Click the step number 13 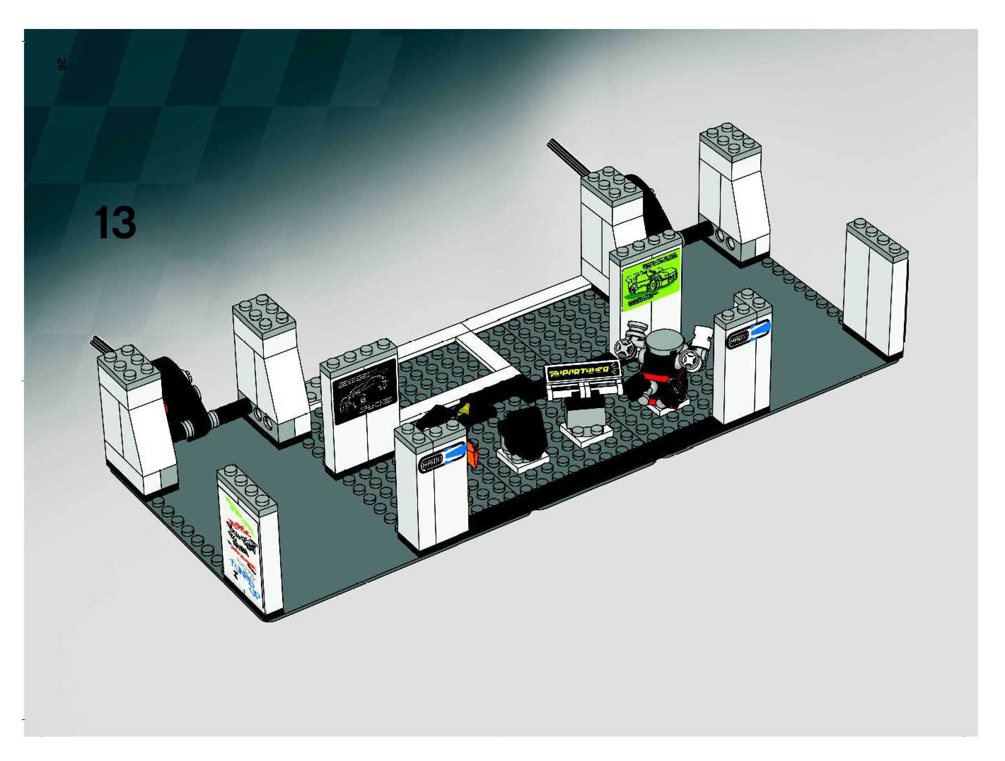[x=115, y=223]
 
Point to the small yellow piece [x=464, y=410]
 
